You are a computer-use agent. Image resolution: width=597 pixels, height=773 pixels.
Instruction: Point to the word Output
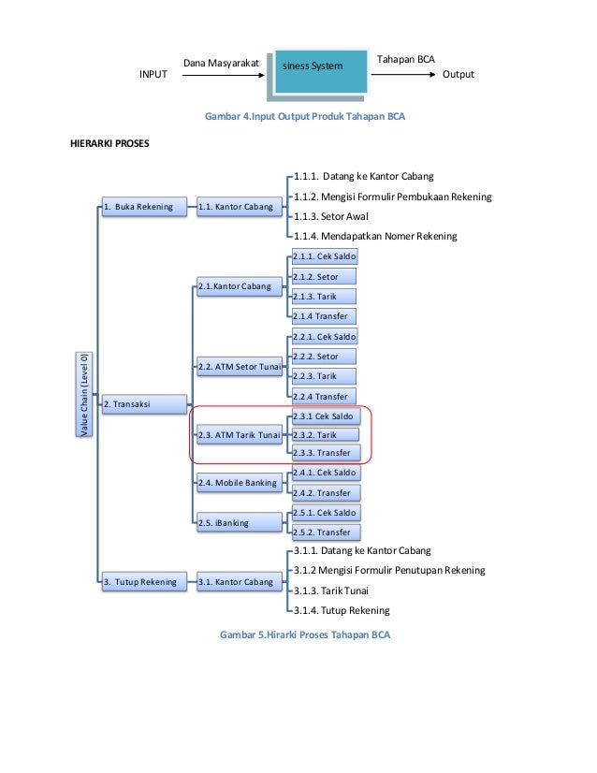click(458, 75)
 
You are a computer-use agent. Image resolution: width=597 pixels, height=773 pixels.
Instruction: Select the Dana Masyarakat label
click(220, 63)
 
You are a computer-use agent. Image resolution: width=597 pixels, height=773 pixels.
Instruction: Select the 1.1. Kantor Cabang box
click(236, 207)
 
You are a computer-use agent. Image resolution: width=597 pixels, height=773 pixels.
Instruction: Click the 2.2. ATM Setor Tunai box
click(238, 366)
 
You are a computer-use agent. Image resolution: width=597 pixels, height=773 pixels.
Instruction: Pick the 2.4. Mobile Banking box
click(238, 483)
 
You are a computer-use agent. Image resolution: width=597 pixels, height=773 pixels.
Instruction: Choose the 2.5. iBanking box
click(238, 523)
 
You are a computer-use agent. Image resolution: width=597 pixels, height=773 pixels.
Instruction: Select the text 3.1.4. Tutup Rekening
click(341, 610)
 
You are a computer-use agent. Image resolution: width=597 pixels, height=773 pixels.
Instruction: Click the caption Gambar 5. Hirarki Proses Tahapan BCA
click(304, 635)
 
